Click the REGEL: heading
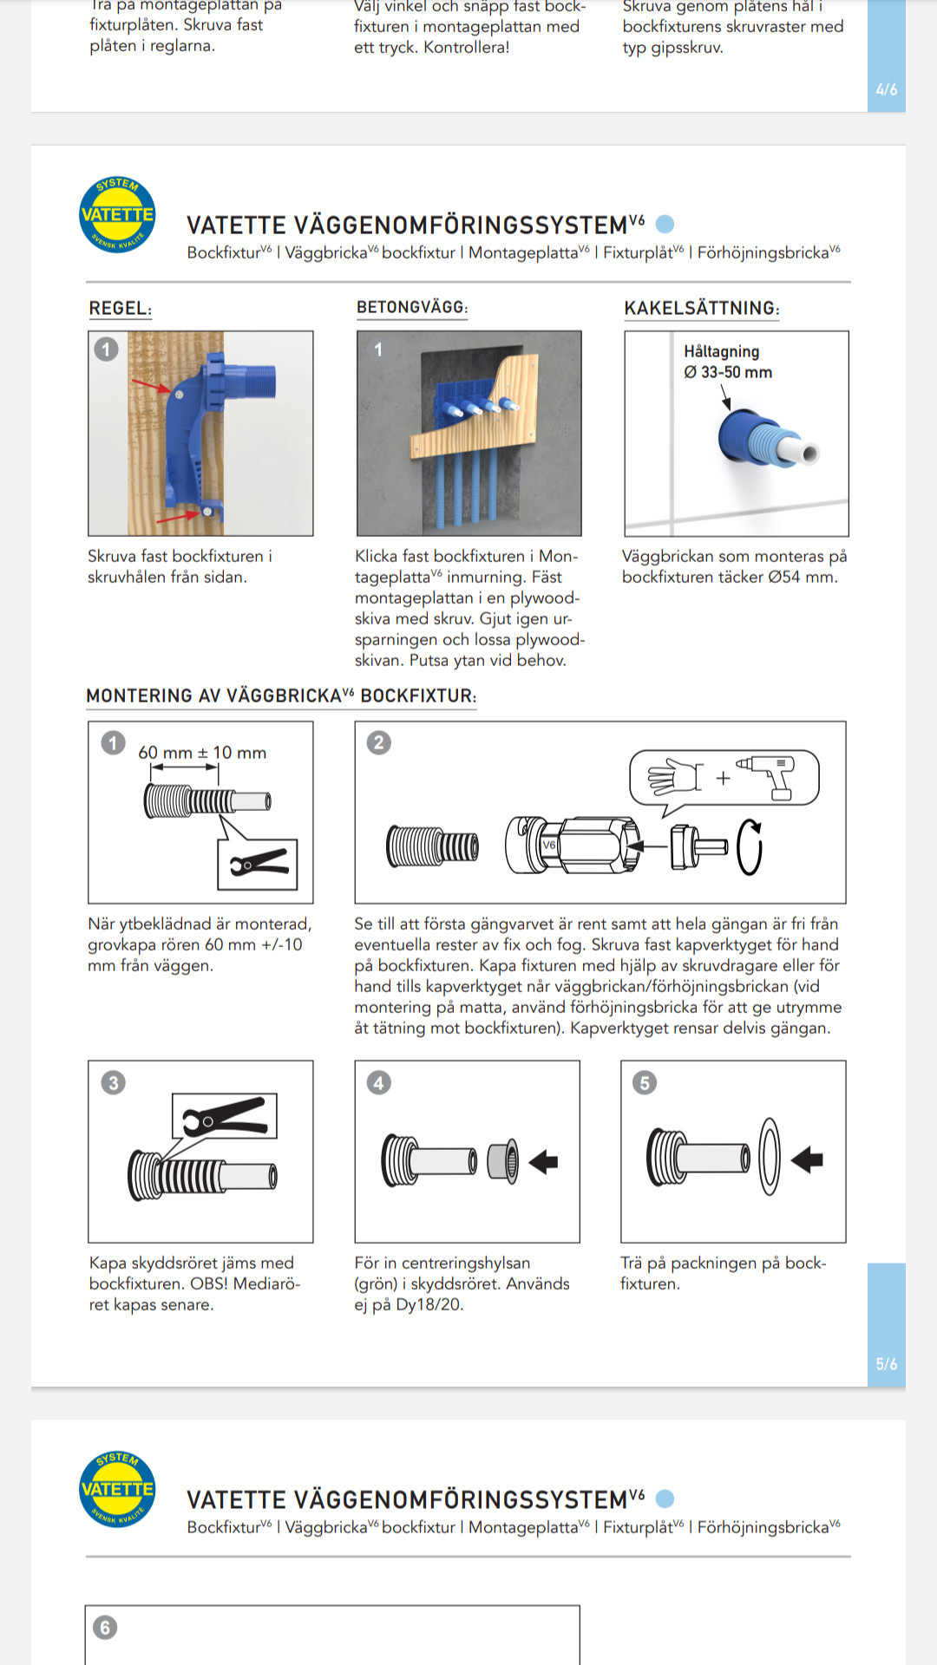pos(120,308)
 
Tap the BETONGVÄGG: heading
pos(412,307)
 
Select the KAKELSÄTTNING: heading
pos(701,308)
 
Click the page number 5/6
pos(886,1364)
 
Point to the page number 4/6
pos(886,89)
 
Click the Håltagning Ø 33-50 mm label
pos(727,362)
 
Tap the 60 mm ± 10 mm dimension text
pos(202,753)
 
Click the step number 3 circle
pos(114,1082)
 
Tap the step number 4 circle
pos(379,1082)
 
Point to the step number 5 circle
pos(645,1082)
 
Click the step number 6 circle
pos(105,1627)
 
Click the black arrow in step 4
pos(544,1161)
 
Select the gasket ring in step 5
pos(770,1156)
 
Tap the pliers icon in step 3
pos(225,1116)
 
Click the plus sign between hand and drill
pos(723,778)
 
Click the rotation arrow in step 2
pos(750,847)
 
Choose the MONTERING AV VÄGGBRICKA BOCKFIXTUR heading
pos(281,695)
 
